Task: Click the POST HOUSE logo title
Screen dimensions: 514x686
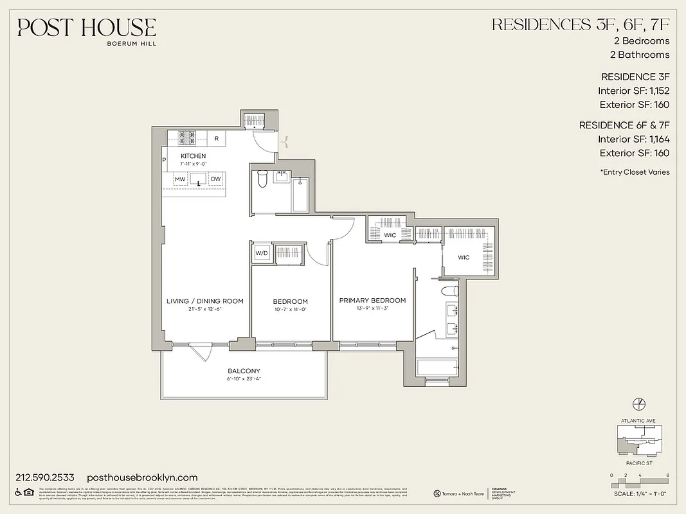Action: pyautogui.click(x=87, y=28)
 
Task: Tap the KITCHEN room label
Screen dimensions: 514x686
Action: pyautogui.click(x=193, y=156)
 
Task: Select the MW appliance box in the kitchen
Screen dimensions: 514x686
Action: pyautogui.click(x=181, y=179)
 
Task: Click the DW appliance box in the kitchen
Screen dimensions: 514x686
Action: pyautogui.click(x=215, y=179)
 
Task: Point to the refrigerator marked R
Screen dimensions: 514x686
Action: pyautogui.click(x=216, y=138)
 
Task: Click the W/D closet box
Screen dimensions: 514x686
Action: pyautogui.click(x=261, y=253)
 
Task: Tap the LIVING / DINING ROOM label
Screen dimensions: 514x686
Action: pyautogui.click(x=204, y=301)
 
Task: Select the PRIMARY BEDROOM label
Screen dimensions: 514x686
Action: pyautogui.click(x=372, y=300)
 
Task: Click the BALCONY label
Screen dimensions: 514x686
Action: pyautogui.click(x=244, y=371)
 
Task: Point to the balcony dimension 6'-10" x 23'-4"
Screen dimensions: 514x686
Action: pyautogui.click(x=244, y=379)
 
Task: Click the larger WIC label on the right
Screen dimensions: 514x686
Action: pyautogui.click(x=464, y=258)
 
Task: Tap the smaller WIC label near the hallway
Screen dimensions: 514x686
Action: pyautogui.click(x=390, y=236)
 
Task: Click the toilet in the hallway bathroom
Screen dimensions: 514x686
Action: pyautogui.click(x=262, y=179)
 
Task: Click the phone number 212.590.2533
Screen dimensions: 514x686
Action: pyautogui.click(x=45, y=477)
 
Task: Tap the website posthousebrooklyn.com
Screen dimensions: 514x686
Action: pyautogui.click(x=141, y=477)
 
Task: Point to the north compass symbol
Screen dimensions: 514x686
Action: pyautogui.click(x=639, y=403)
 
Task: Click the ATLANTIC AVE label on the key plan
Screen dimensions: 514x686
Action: pyautogui.click(x=639, y=421)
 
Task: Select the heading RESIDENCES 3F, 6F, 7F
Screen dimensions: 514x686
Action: pyautogui.click(x=581, y=25)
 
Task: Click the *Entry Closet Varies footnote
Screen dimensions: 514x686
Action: pyautogui.click(x=634, y=172)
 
